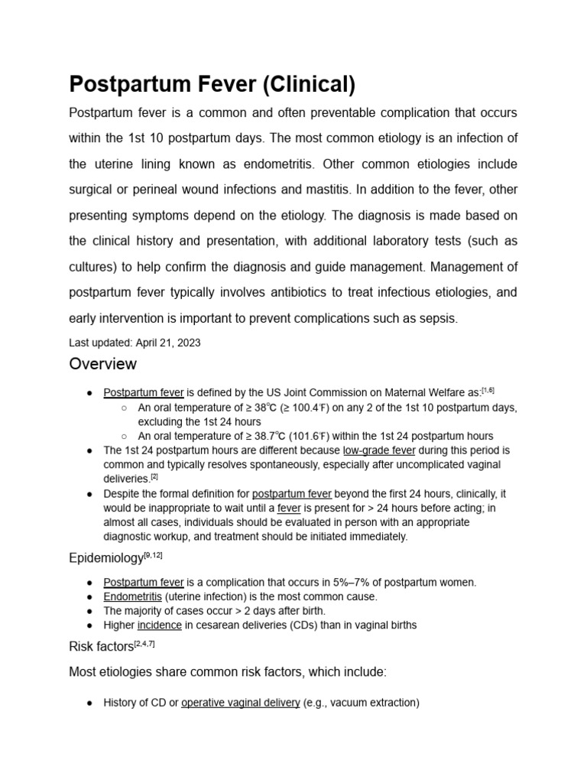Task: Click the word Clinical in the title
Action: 310,84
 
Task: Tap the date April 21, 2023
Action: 168,343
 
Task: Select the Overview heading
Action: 103,363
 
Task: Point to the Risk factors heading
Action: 101,647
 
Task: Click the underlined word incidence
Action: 159,625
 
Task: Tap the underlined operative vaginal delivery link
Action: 240,702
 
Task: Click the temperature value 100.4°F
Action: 312,408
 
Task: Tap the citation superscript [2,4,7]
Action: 144,643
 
